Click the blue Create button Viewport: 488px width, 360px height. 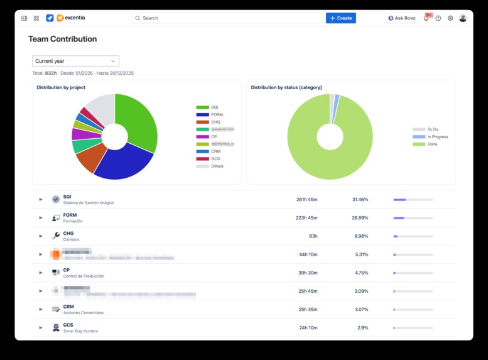click(340, 18)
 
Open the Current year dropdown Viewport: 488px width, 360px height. click(75, 61)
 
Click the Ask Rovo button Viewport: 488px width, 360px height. click(402, 18)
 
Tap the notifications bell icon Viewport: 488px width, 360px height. click(426, 18)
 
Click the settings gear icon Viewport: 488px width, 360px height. click(450, 18)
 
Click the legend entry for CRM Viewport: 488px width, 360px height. click(215, 151)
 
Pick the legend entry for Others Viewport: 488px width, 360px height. click(217, 166)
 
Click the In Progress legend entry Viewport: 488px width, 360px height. click(436, 137)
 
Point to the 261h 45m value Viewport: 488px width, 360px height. click(306, 200)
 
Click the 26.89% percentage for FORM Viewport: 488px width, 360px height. click(360, 218)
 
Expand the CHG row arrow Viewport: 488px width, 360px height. click(41, 236)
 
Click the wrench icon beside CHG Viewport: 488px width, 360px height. click(56, 236)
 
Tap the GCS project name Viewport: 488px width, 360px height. click(68, 325)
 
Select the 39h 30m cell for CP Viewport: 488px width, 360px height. click(308, 273)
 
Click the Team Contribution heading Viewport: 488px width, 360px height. click(62, 39)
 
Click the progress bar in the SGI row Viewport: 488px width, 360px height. click(413, 200)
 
